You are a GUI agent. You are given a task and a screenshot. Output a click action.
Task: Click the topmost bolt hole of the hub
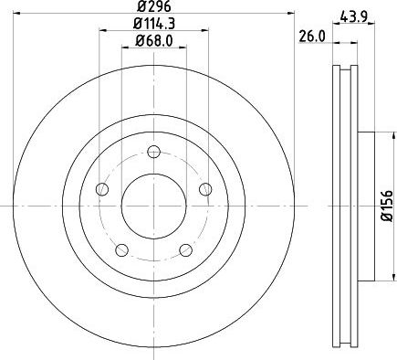coord(153,152)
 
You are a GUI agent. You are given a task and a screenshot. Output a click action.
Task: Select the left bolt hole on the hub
coord(102,189)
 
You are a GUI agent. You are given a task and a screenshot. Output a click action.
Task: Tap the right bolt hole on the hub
coord(204,189)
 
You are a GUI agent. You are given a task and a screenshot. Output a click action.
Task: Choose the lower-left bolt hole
coord(121,249)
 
